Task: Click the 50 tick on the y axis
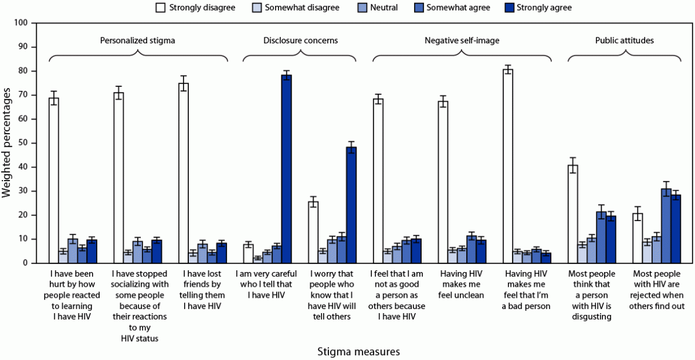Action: point(22,143)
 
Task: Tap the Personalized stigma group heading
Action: point(137,40)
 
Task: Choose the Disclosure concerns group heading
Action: point(300,40)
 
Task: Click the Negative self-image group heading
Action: point(462,40)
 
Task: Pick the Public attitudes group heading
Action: point(624,40)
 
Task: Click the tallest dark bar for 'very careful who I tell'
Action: point(286,169)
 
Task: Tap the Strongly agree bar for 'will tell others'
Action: point(351,205)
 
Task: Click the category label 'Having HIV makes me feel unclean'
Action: point(462,284)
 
